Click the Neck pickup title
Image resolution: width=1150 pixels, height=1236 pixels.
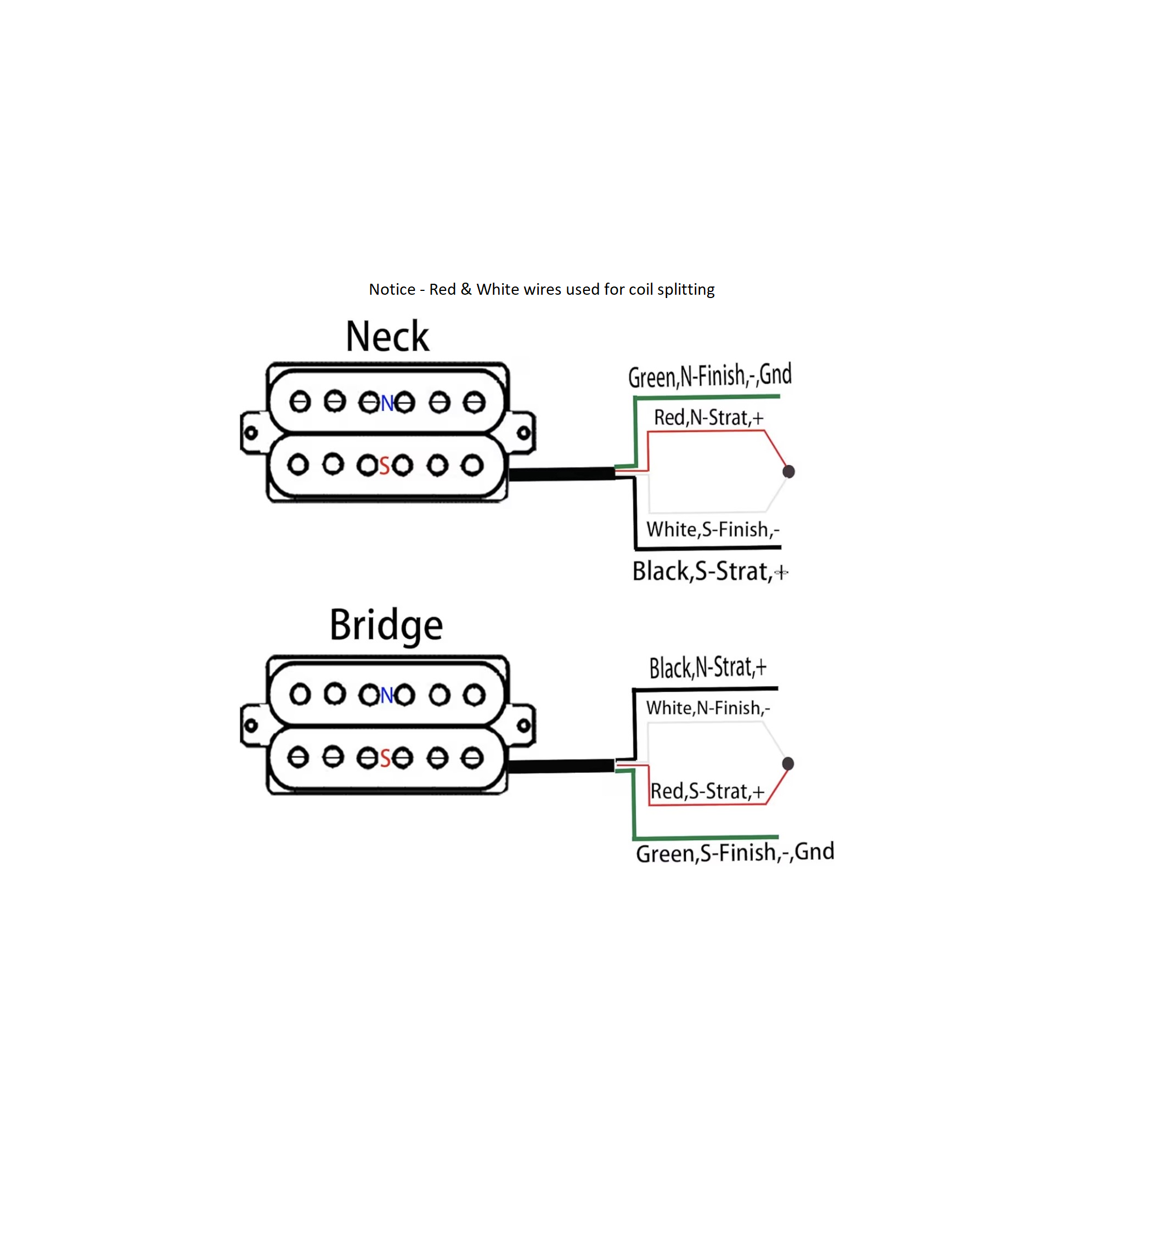[387, 336]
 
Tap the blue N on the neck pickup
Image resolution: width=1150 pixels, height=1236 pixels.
[387, 403]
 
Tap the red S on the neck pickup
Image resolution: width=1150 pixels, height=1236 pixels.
[384, 465]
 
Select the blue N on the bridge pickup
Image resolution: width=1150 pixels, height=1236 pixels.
[386, 694]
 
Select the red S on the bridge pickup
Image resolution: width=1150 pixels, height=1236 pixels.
[384, 758]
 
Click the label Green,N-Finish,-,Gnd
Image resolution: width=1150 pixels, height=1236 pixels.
[709, 375]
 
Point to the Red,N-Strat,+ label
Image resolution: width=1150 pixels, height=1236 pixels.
[708, 417]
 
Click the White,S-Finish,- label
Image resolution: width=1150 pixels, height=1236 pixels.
[712, 529]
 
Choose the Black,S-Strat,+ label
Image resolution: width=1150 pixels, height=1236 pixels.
[709, 571]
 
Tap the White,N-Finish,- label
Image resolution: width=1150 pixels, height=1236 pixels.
[707, 707]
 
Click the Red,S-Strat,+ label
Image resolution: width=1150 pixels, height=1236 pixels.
[707, 791]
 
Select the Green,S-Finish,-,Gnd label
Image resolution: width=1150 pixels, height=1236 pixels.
[734, 852]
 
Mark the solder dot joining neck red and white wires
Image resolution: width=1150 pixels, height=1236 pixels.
[788, 471]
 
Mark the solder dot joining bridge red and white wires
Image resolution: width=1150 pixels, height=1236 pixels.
[787, 763]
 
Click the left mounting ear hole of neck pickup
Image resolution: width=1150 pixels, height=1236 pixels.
[251, 432]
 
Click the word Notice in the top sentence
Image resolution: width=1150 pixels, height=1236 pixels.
[392, 289]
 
